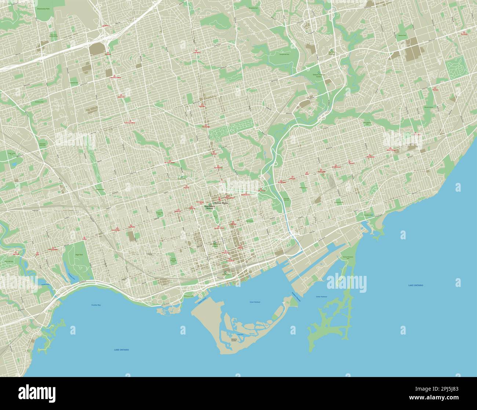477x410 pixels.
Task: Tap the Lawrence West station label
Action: click(x=116, y=78)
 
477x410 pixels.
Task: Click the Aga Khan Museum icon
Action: click(x=331, y=50)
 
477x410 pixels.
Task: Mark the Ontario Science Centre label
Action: click(x=318, y=75)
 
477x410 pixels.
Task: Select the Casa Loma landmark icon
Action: click(x=182, y=176)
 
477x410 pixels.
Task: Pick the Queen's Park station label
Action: click(x=219, y=228)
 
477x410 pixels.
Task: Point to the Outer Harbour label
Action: click(x=321, y=296)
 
